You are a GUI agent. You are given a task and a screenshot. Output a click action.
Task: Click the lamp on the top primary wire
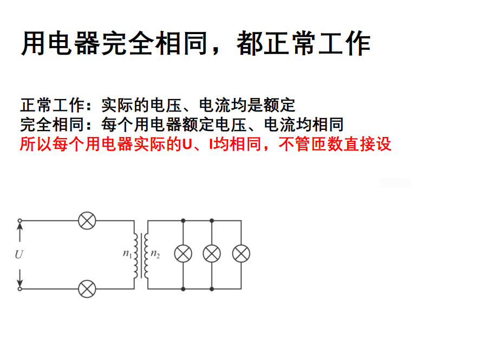[87, 220]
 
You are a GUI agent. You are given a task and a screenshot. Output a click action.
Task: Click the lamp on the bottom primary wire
[87, 289]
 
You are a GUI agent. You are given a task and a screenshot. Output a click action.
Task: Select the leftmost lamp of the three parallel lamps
[183, 253]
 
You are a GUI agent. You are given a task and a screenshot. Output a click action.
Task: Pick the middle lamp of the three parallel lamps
[212, 253]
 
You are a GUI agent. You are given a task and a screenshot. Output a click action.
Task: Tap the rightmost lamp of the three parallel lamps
[241, 253]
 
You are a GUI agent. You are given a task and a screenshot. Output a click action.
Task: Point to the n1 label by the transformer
[127, 253]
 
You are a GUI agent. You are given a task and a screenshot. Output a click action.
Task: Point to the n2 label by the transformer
[155, 253]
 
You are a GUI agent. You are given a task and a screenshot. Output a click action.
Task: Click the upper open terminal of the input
[20, 220]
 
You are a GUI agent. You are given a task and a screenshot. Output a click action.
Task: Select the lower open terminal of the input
[20, 289]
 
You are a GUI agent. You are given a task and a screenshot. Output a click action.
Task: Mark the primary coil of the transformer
[136, 255]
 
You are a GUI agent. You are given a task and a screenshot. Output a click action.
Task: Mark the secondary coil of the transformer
[147, 255]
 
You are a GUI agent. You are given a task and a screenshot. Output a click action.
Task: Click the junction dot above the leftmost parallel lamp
[183, 220]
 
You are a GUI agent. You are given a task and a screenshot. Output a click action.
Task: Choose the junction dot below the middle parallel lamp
[212, 289]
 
